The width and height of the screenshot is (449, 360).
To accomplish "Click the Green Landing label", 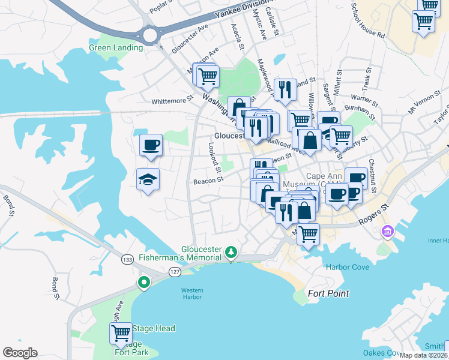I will click(x=115, y=47).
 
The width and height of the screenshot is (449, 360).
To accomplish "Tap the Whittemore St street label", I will click(x=173, y=101).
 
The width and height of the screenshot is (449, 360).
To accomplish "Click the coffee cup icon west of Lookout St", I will click(x=151, y=145).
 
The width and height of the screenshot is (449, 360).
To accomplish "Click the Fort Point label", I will click(x=328, y=293).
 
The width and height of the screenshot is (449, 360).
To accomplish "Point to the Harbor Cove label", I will click(x=348, y=267).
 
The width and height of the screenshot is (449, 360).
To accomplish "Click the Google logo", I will click(x=20, y=352).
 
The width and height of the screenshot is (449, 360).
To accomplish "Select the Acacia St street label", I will click(x=238, y=37).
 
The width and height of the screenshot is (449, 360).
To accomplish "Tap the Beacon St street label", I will click(x=208, y=179).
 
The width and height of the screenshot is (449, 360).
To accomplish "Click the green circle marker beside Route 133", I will click(x=143, y=282).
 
